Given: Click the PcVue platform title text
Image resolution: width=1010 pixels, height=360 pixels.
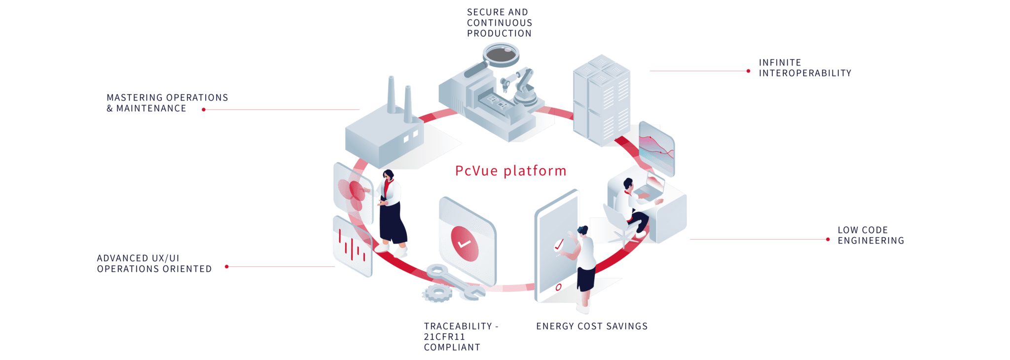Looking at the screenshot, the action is pos(510,171).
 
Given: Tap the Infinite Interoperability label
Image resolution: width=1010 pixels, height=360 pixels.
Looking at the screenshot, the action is pos(805,68).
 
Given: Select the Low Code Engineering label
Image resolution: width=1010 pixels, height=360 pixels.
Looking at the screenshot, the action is pos(871,235).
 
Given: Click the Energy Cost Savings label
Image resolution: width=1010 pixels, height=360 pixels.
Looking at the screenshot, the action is pos(592,326).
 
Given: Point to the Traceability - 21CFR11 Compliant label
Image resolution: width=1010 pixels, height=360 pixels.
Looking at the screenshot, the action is pos(461,337).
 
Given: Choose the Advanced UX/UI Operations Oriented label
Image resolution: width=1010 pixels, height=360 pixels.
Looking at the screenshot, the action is pos(154,263).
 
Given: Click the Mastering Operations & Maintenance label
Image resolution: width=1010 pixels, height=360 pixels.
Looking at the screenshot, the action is pos(167,103).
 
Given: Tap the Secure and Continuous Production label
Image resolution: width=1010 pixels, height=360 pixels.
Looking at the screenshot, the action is pos(500,23).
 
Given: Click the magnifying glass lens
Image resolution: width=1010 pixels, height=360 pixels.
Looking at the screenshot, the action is pos(501,54).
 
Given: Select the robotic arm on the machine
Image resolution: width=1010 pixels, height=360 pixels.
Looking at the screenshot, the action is pos(523,87).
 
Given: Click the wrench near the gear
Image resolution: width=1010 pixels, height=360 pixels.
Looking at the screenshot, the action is pos(455,282).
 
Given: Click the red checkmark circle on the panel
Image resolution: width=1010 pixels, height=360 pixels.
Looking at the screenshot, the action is pos(465,244).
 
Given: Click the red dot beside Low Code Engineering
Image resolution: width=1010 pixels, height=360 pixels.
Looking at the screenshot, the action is pos(828,240).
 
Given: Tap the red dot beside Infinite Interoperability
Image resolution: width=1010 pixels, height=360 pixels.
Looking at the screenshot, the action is pos(748,71).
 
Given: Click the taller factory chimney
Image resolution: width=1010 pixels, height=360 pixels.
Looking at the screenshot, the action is pos(391,95).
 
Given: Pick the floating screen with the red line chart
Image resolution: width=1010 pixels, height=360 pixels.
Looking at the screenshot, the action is pos(656,148).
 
